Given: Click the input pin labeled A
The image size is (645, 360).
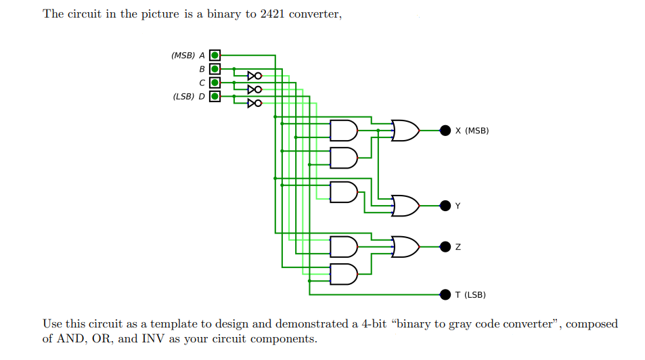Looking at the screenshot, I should (215, 55).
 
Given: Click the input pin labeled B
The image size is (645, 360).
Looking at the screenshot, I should (215, 68).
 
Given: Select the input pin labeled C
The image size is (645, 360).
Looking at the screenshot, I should (215, 83).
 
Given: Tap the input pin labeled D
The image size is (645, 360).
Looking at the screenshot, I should (215, 96).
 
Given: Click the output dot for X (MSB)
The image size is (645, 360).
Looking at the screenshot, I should (445, 130).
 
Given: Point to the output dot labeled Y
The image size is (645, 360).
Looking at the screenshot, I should (445, 205).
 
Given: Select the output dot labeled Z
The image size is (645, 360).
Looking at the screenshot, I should (445, 247).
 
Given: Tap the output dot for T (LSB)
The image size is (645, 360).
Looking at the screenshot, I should (445, 294).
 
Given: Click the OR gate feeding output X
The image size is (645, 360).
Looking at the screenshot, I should (405, 130).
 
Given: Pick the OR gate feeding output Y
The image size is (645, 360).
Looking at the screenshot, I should (405, 205).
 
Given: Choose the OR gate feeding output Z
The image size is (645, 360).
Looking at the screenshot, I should (405, 247).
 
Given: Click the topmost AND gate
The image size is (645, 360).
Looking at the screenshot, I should (343, 130).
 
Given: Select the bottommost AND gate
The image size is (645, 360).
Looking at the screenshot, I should (343, 274).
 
